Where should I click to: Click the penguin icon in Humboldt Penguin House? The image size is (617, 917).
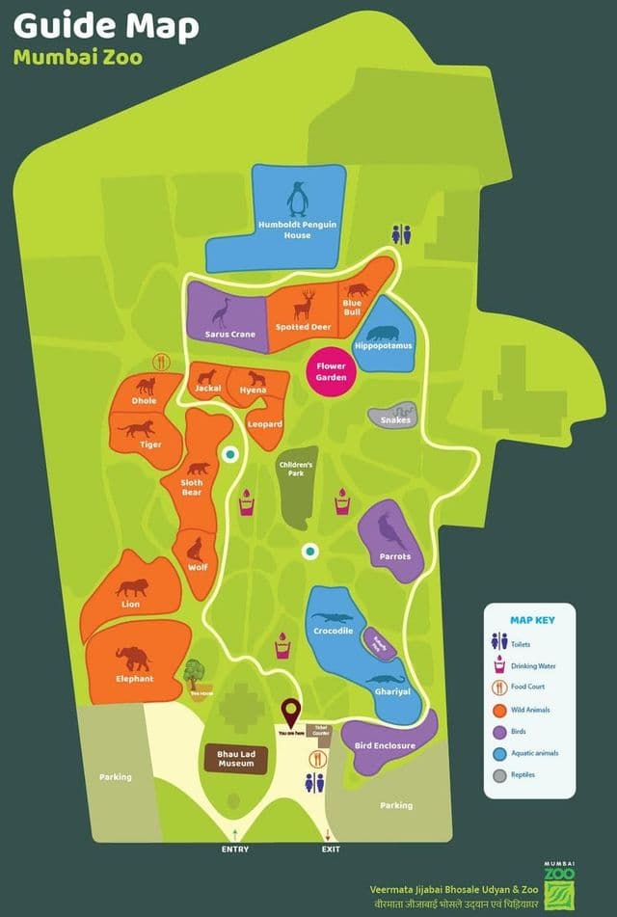(x=297, y=200)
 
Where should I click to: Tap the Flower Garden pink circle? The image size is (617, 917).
(x=331, y=372)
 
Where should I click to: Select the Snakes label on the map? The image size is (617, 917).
(x=395, y=419)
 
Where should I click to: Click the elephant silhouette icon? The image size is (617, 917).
(x=133, y=659)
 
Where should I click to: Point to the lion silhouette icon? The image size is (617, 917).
(x=132, y=586)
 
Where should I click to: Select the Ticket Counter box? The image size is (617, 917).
(x=320, y=732)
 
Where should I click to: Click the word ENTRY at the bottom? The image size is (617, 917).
(x=234, y=849)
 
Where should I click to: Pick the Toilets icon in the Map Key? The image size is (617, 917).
(x=498, y=642)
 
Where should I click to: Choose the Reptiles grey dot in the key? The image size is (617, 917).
(x=498, y=774)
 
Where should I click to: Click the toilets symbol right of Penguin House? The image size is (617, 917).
(x=402, y=234)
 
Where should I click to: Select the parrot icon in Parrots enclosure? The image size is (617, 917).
(x=389, y=533)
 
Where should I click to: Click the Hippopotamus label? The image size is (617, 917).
(x=384, y=345)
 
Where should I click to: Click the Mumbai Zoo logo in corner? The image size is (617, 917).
(x=558, y=879)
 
